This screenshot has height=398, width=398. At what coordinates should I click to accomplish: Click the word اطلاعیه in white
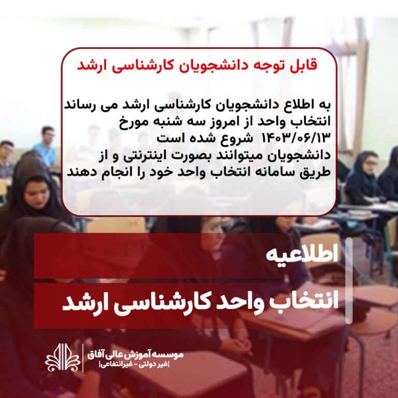click(x=302, y=254)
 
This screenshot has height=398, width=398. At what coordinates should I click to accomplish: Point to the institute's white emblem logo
click(x=63, y=358)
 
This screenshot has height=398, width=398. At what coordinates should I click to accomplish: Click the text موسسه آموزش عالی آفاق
click(x=136, y=354)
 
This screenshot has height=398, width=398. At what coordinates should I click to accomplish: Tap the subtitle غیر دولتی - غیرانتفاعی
click(x=135, y=365)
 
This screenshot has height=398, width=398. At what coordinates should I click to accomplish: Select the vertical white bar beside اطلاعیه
click(x=349, y=281)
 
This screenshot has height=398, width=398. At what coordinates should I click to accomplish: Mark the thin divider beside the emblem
click(x=83, y=358)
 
